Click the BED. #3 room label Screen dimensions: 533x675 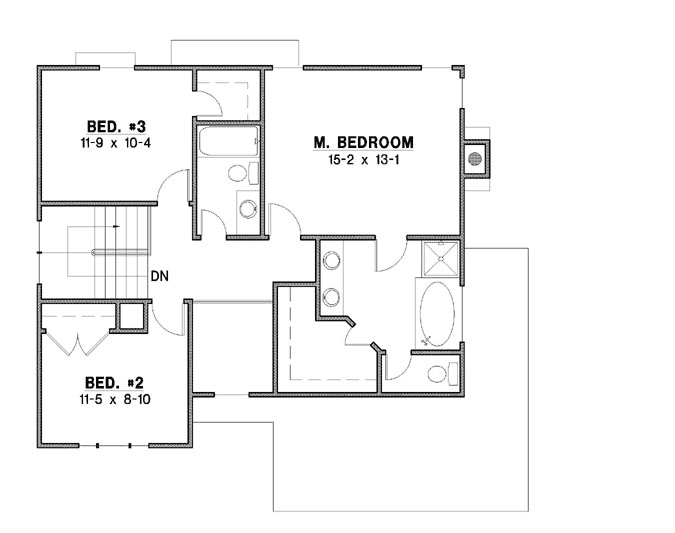click(x=117, y=126)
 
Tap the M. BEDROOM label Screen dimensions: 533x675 click(x=363, y=142)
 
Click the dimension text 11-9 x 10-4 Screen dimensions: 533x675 click(x=117, y=142)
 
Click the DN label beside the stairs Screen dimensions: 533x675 click(x=159, y=275)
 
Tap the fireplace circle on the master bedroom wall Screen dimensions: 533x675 click(x=477, y=157)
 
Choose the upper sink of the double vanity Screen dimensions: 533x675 click(x=330, y=261)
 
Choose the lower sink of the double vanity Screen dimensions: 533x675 click(x=330, y=296)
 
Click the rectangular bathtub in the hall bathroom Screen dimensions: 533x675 click(x=227, y=140)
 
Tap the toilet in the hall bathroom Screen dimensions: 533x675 click(x=238, y=173)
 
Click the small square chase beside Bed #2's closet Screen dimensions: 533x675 click(x=129, y=316)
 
